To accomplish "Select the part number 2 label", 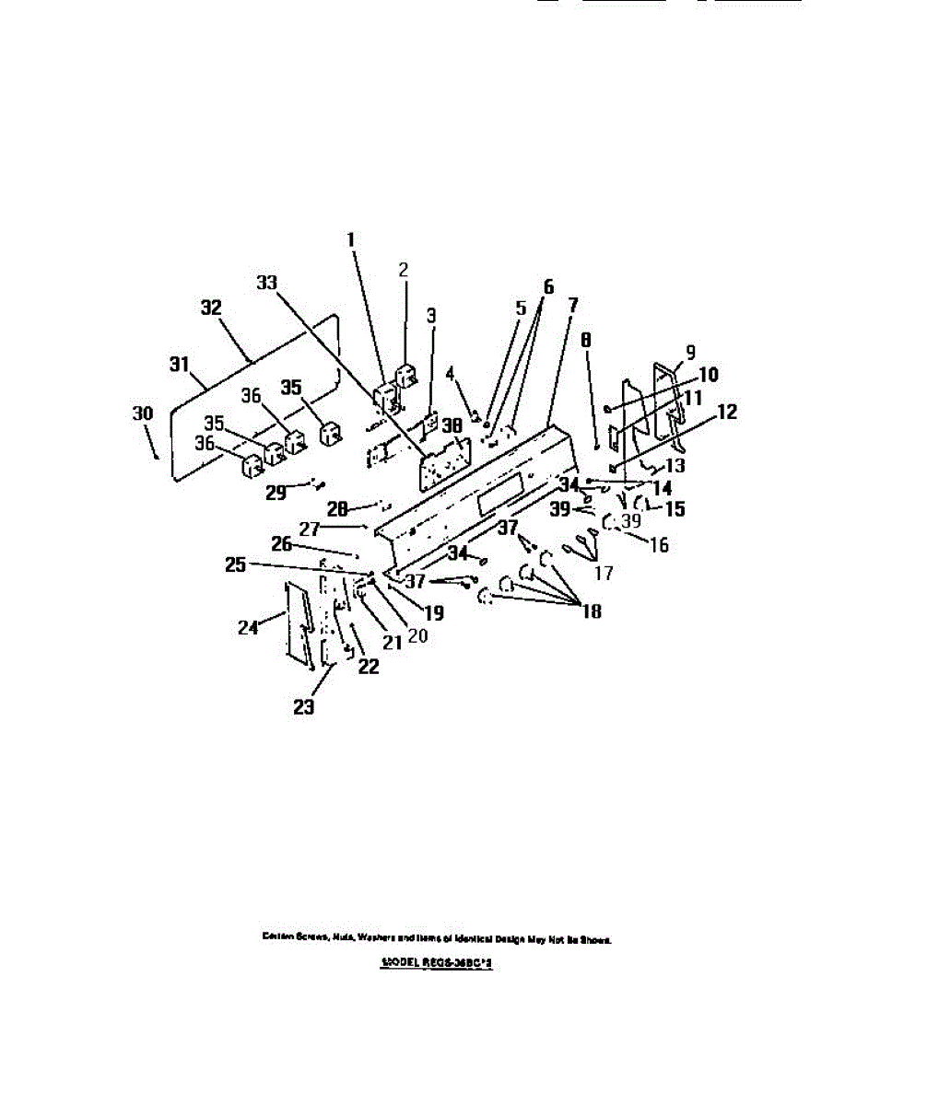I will pyautogui.click(x=403, y=270).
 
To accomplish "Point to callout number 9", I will pyautogui.click(x=690, y=351).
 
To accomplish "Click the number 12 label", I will pyautogui.click(x=726, y=412).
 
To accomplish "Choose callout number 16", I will pyautogui.click(x=658, y=544).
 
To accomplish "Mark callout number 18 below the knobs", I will pyautogui.click(x=591, y=611).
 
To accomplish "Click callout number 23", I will pyautogui.click(x=303, y=707).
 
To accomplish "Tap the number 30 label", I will pyautogui.click(x=142, y=413).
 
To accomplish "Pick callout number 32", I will pyautogui.click(x=211, y=308).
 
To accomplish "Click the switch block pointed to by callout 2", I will pyautogui.click(x=405, y=376).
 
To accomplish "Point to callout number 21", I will pyautogui.click(x=393, y=643).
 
